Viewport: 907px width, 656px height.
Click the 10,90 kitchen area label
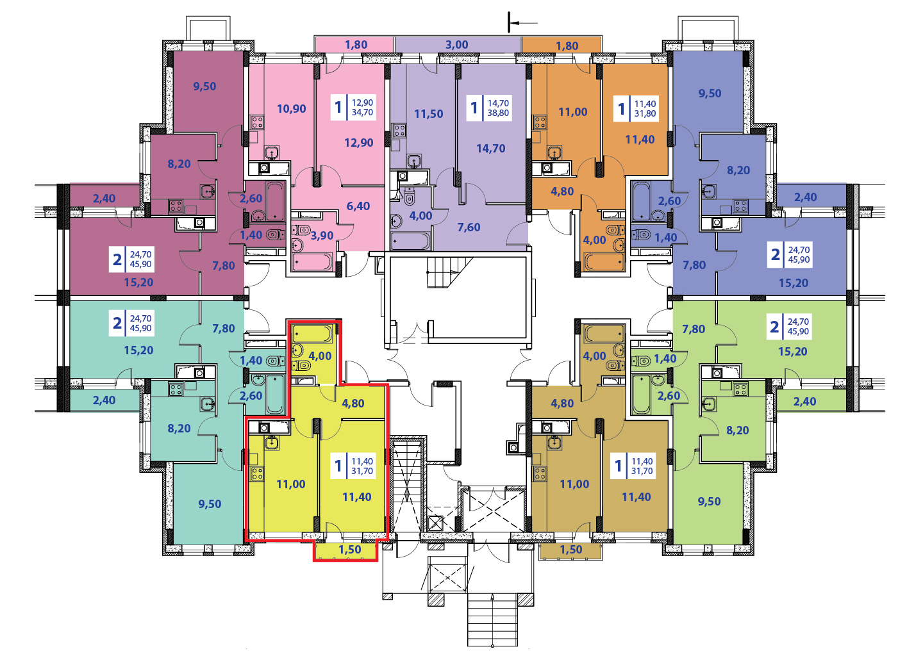(x=291, y=109)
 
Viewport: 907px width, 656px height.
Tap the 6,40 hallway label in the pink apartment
(x=358, y=206)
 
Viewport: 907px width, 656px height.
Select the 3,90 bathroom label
(x=322, y=236)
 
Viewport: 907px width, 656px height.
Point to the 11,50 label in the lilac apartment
(x=428, y=114)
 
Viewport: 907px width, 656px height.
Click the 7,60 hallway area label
(x=469, y=227)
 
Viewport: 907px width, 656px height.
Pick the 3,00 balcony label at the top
(x=456, y=45)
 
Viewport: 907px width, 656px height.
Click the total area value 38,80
(x=498, y=113)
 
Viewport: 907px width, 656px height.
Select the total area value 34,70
(x=362, y=113)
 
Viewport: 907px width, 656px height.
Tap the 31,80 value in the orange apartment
(x=645, y=114)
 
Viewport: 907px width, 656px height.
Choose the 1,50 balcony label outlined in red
(x=349, y=550)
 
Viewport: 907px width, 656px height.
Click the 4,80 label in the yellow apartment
(x=353, y=404)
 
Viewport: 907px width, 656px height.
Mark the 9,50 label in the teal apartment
(x=210, y=504)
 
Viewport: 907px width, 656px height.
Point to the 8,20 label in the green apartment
(x=737, y=430)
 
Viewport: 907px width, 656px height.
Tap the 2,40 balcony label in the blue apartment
(x=805, y=197)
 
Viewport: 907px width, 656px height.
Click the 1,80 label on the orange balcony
(x=567, y=46)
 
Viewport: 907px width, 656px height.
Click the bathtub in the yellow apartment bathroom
(x=312, y=333)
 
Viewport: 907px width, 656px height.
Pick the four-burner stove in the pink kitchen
(x=257, y=122)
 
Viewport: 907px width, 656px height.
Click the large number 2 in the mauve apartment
(x=117, y=259)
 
